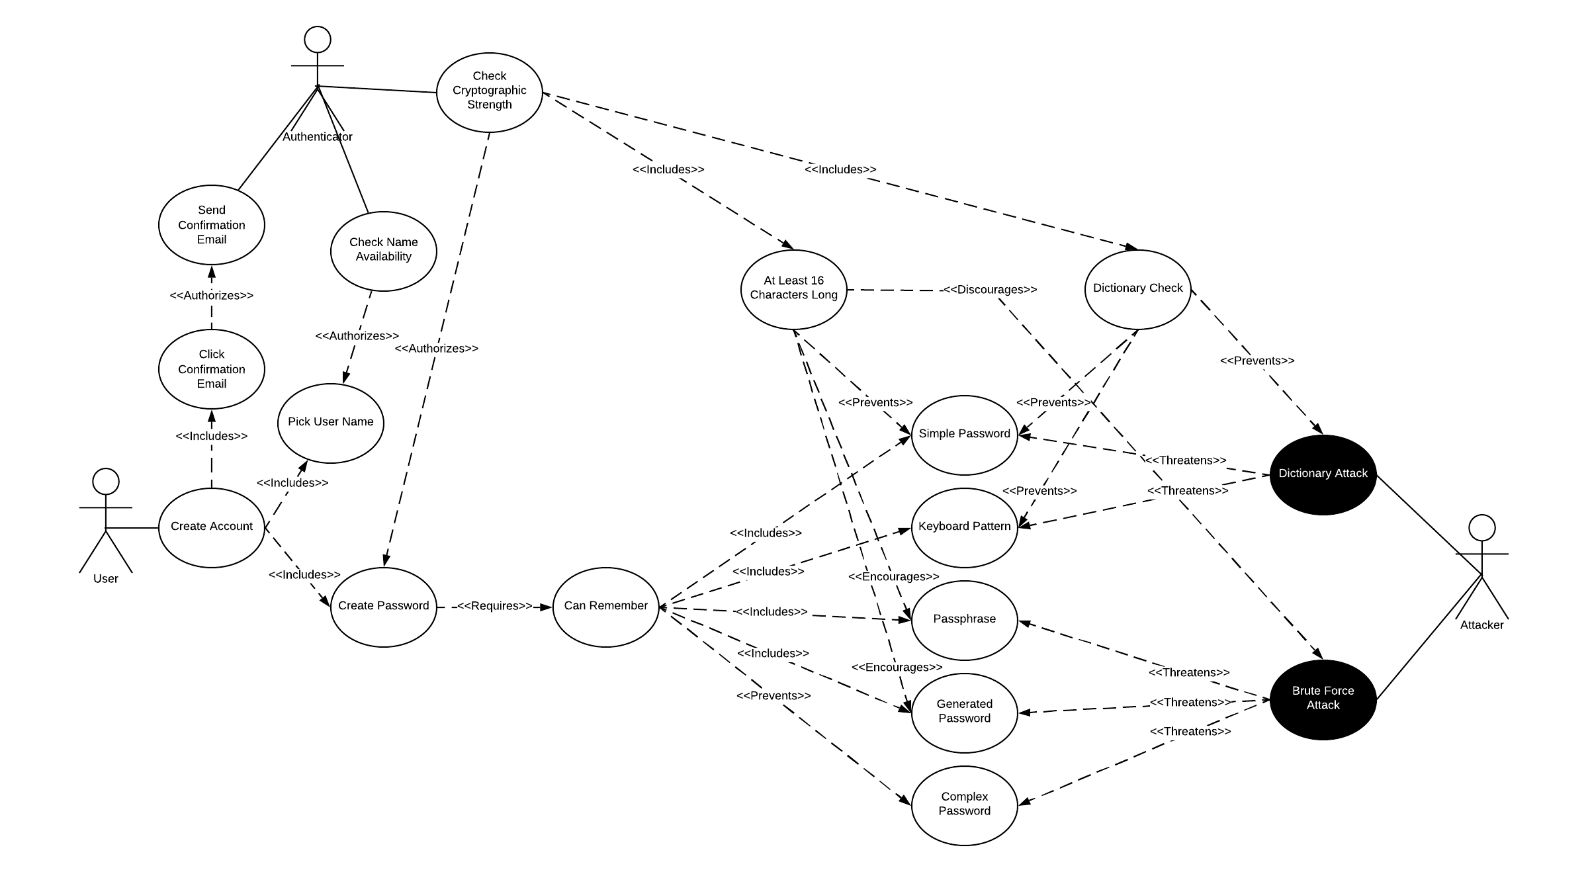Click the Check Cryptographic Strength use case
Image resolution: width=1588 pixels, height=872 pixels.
(489, 92)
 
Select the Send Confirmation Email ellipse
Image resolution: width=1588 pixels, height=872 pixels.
(211, 225)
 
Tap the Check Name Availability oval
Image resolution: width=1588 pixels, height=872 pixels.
(383, 251)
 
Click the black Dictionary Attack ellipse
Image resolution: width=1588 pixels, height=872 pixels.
(1323, 474)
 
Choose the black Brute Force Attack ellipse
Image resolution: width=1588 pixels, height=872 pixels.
(1323, 699)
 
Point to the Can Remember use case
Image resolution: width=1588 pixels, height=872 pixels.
(605, 607)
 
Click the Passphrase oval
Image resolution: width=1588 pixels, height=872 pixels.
(964, 620)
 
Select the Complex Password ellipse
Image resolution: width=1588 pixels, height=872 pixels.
(964, 805)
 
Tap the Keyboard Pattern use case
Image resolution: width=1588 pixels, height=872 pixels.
(964, 527)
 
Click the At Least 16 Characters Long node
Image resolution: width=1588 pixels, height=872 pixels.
(793, 289)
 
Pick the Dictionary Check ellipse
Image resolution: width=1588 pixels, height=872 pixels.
(1137, 289)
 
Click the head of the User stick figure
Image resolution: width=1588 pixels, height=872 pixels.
(106, 481)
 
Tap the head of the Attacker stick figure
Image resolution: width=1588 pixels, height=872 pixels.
(1482, 527)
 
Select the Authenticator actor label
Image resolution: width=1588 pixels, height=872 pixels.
(318, 137)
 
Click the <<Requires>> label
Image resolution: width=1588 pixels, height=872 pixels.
(494, 606)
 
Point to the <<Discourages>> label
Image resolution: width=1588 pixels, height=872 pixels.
(990, 290)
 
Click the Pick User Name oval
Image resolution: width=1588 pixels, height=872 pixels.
(330, 423)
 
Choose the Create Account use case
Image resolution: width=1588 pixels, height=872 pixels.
(211, 527)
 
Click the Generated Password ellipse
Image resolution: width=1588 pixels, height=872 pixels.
(964, 713)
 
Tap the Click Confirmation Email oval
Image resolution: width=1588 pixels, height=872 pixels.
(211, 369)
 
